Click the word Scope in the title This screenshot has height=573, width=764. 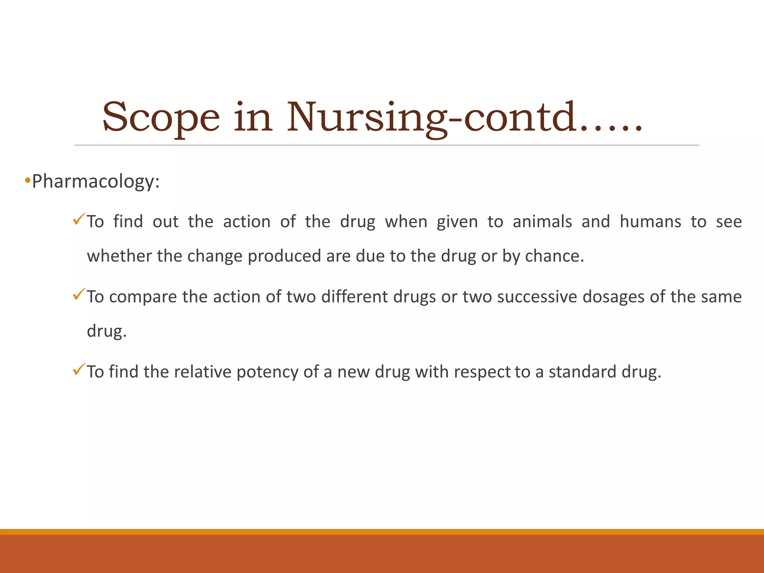click(x=161, y=118)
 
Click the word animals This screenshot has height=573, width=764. click(x=542, y=222)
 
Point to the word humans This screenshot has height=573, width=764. click(x=650, y=222)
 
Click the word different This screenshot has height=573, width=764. click(x=354, y=297)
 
